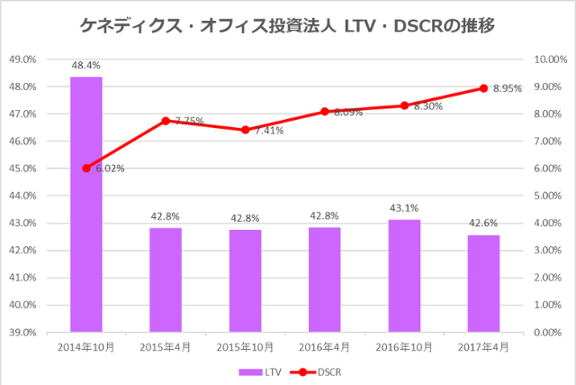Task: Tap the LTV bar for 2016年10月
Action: pos(404,275)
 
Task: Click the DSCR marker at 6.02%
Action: pos(86,168)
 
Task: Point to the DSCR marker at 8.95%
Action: pos(483,88)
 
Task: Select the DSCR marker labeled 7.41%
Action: pos(245,130)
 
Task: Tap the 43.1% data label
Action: pos(404,209)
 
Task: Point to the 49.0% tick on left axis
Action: pos(47,60)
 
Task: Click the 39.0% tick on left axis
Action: pos(47,332)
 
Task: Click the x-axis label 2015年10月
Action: pos(245,347)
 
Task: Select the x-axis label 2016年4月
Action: pos(325,347)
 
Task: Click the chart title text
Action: pos(287,26)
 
